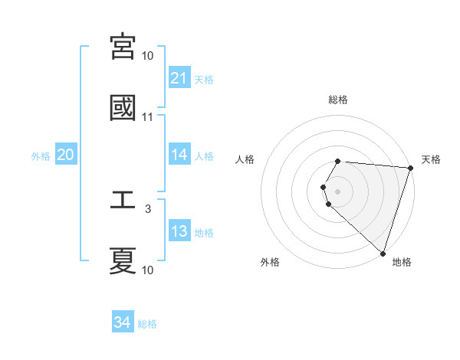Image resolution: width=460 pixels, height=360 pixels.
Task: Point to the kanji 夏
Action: (123, 260)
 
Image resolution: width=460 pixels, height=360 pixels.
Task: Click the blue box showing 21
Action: (179, 78)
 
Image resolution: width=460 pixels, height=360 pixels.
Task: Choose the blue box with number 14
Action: (179, 155)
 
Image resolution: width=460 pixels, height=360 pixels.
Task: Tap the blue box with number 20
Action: (65, 155)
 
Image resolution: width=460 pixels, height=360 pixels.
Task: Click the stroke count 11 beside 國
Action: (148, 117)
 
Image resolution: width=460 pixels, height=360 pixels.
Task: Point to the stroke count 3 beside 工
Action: (148, 208)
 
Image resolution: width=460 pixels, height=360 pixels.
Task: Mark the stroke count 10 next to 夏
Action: (148, 270)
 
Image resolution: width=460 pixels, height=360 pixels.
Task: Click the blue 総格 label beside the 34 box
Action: (147, 324)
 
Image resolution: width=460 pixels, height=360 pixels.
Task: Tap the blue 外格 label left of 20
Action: (41, 156)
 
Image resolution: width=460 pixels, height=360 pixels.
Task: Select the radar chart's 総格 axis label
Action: (338, 100)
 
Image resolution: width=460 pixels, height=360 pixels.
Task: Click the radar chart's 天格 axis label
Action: (432, 159)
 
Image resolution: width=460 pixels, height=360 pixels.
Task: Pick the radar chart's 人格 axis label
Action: (245, 159)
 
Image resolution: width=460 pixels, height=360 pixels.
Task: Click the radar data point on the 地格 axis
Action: (383, 253)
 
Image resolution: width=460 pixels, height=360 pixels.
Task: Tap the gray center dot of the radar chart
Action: (338, 191)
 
